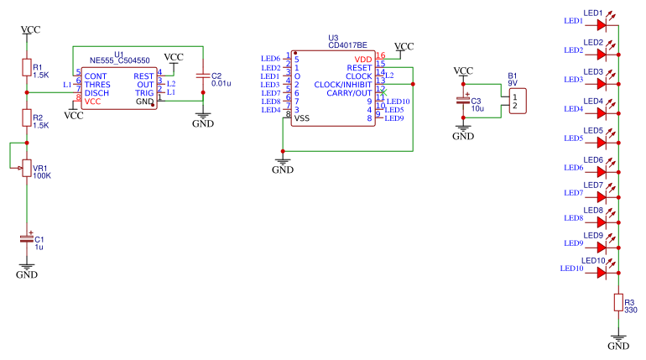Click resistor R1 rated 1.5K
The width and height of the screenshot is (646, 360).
(27, 69)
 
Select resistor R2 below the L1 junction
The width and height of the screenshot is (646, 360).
(27, 117)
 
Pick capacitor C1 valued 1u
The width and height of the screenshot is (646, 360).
(27, 239)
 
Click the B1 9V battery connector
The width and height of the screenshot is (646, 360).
(517, 101)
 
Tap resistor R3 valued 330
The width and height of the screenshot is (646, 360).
(618, 302)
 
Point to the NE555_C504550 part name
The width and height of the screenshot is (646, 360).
(119, 61)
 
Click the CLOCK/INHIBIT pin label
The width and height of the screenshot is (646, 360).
(342, 84)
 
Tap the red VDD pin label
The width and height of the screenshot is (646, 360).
(362, 59)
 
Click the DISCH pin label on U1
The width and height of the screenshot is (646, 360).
(96, 92)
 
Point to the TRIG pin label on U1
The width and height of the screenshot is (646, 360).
(145, 92)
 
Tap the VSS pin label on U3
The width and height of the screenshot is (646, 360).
(301, 118)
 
